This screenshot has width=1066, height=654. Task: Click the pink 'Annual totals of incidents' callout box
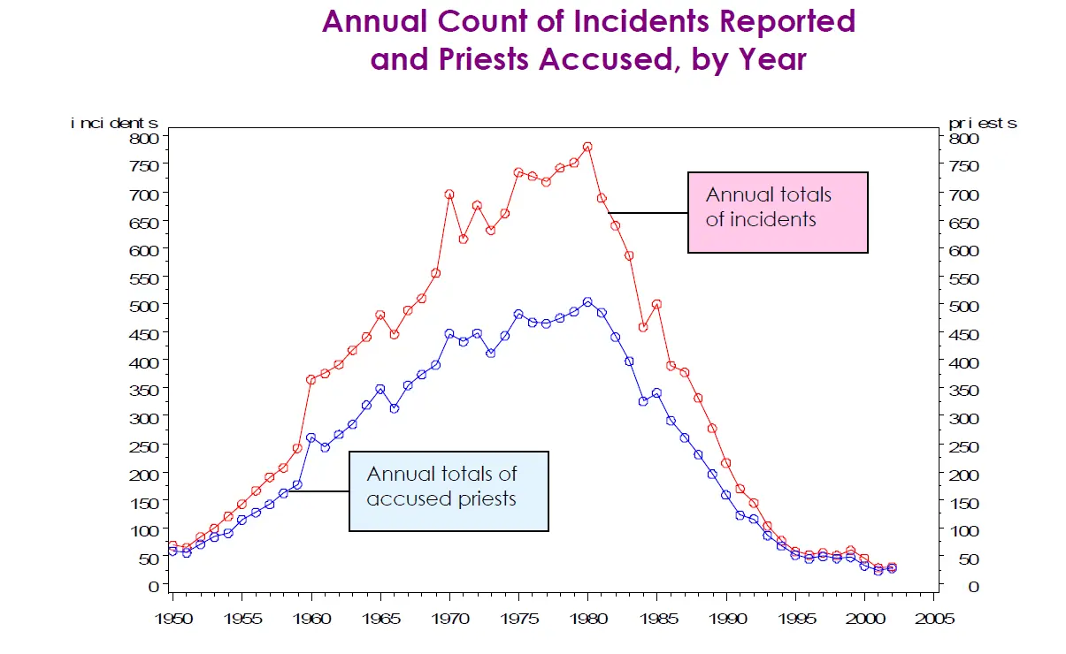(x=778, y=212)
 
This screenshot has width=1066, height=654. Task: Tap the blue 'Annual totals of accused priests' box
(x=449, y=490)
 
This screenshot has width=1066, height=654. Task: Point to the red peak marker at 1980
(x=587, y=147)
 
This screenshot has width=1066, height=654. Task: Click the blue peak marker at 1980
(x=587, y=302)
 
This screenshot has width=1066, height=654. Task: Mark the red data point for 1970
(x=449, y=194)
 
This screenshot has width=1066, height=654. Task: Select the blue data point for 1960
(x=311, y=437)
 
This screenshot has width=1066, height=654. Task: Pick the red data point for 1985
(x=656, y=304)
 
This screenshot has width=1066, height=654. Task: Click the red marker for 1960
(x=311, y=380)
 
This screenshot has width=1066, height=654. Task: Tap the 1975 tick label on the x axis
(x=518, y=619)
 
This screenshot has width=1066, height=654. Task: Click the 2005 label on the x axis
(x=933, y=619)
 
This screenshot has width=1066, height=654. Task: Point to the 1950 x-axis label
(x=173, y=619)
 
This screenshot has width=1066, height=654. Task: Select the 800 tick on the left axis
(x=147, y=138)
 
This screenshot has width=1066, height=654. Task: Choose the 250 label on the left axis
(x=147, y=446)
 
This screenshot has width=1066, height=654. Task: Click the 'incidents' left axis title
(x=114, y=123)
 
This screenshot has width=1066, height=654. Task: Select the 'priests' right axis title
(x=982, y=123)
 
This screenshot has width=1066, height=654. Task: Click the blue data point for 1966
(x=395, y=408)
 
